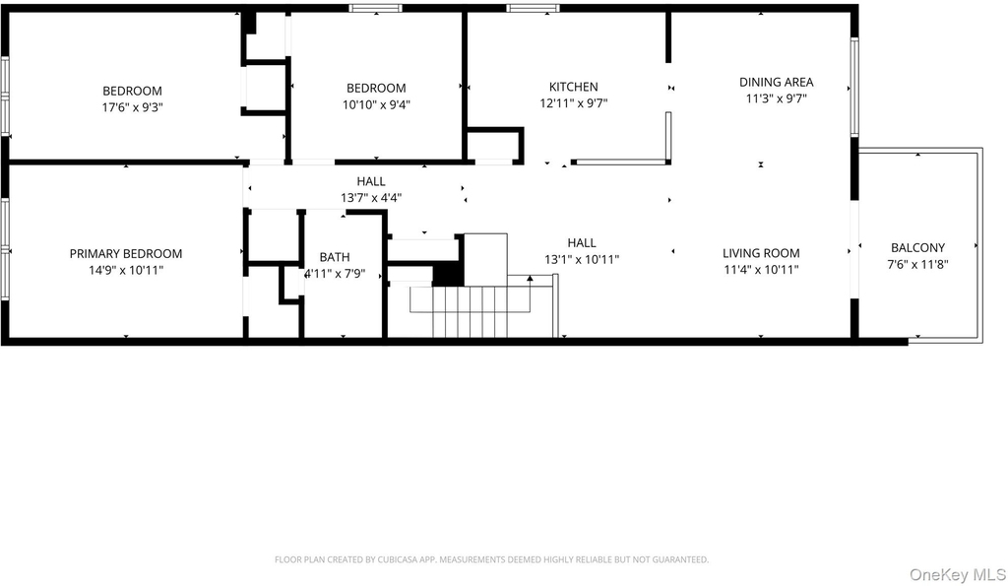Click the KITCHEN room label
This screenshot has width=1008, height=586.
(574, 87)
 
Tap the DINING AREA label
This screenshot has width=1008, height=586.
(776, 83)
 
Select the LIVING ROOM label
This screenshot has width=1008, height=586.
(761, 253)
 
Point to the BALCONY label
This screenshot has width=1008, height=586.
(918, 247)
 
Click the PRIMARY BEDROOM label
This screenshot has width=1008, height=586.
(126, 254)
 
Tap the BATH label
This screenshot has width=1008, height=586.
(335, 257)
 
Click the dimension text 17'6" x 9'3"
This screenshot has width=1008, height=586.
(133, 107)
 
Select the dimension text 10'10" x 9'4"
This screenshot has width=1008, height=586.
(376, 104)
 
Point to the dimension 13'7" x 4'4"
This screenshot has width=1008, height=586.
(371, 198)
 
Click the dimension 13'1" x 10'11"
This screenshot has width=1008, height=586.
(582, 259)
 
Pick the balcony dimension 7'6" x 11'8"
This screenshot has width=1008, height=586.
(918, 264)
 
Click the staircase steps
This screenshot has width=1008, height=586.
(480, 312)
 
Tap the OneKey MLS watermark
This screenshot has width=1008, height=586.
(957, 574)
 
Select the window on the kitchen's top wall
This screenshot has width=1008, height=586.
(533, 8)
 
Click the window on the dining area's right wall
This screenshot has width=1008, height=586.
(855, 87)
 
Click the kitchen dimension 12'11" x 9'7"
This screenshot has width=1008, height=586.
(574, 103)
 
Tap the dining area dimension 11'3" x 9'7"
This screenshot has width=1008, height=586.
(776, 98)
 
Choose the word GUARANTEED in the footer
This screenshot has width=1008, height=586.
(683, 560)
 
